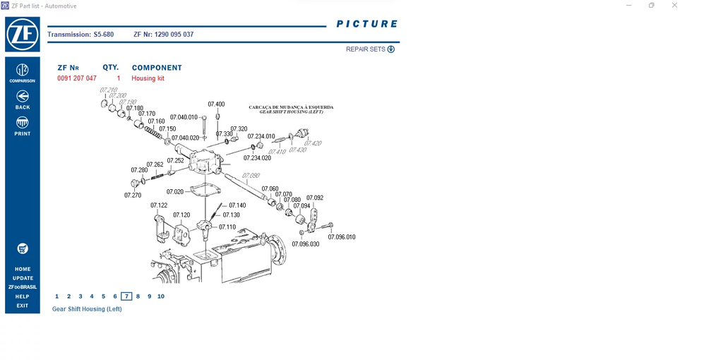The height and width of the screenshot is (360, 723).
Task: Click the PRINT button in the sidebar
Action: (23, 126)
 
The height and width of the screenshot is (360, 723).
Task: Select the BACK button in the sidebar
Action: (23, 99)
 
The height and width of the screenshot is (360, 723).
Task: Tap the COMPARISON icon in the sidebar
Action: (23, 71)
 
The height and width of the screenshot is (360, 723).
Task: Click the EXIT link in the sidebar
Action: (23, 306)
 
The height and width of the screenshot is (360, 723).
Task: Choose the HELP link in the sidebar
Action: (23, 296)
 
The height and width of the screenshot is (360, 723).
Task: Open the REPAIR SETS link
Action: (370, 49)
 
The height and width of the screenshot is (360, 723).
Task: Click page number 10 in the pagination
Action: (161, 296)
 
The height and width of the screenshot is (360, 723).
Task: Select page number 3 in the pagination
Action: (80, 296)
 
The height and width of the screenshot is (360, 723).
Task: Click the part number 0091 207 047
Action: (77, 78)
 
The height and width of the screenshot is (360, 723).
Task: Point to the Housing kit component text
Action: (148, 78)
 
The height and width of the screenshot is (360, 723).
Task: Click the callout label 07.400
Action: (216, 104)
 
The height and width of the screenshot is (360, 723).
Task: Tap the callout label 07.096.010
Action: (342, 237)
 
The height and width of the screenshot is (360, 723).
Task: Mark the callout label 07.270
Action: (133, 195)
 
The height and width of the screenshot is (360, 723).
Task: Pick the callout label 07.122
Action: (159, 205)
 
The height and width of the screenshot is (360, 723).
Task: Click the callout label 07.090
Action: (251, 176)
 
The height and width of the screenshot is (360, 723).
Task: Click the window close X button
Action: (675, 6)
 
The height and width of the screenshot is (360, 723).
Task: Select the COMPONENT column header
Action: (157, 68)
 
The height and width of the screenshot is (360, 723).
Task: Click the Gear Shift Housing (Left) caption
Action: (87, 309)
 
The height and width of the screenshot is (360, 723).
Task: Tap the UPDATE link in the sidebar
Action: (23, 278)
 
